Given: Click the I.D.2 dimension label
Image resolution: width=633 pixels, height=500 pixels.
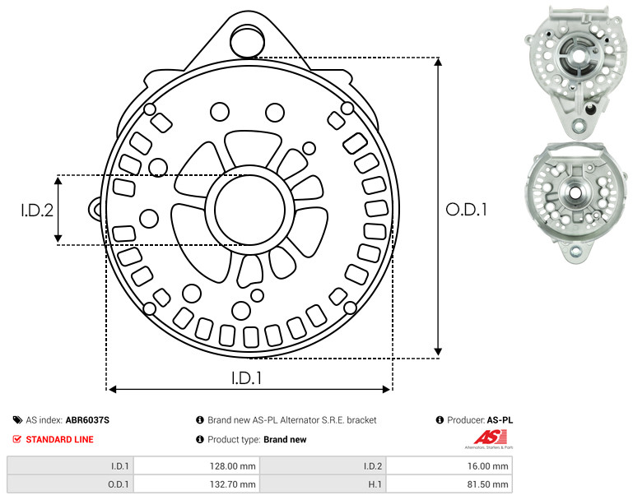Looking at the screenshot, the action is [37, 210].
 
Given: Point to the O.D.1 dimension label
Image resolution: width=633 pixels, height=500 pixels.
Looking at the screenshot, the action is [466, 210].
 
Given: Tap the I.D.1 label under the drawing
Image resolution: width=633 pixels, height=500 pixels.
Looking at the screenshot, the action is [246, 378].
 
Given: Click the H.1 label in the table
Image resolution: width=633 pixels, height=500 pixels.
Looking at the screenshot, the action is [375, 484].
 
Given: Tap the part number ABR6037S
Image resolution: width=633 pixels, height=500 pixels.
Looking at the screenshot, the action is [87, 420].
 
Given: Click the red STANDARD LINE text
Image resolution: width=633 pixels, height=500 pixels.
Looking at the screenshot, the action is [60, 439].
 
